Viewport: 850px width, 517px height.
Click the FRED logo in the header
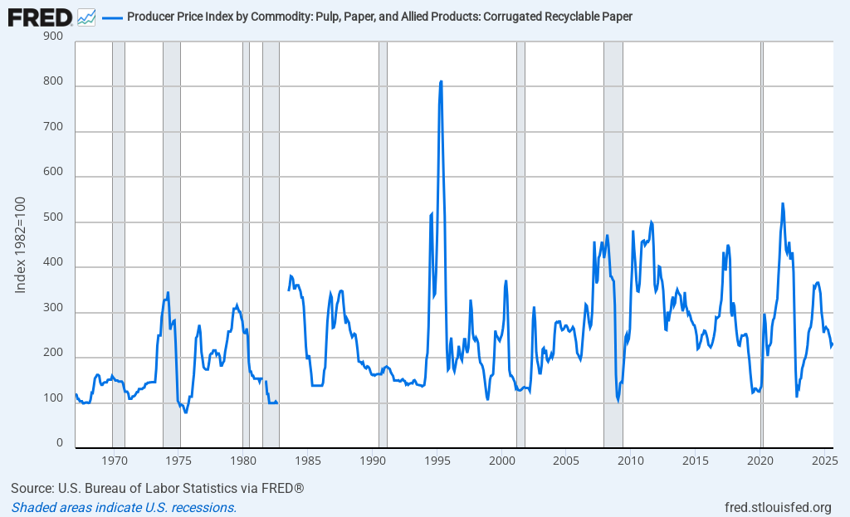tap(40, 16)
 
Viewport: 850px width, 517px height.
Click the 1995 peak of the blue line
tap(441, 81)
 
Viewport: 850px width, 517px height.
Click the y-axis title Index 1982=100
tap(22, 245)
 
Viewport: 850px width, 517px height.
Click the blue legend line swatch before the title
tap(112, 17)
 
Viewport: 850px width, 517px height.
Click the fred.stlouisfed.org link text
tap(778, 507)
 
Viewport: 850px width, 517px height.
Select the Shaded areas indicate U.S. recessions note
tap(124, 507)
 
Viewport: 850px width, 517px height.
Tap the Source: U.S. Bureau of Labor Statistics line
tap(157, 488)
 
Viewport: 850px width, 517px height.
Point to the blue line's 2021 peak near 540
tap(782, 203)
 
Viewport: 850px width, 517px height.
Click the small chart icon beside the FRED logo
tap(85, 16)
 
